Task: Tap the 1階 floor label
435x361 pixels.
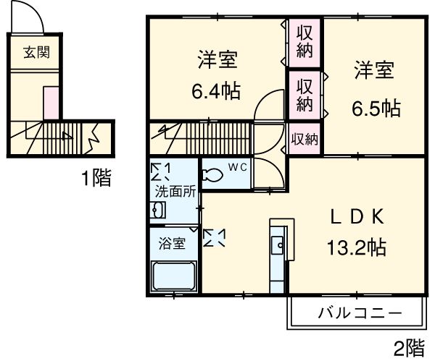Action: [x=96, y=179]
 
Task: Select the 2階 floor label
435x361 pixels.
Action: [x=409, y=347]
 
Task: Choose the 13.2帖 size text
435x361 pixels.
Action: [x=355, y=248]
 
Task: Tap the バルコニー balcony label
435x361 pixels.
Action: [x=359, y=314]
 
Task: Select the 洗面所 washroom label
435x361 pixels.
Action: [x=174, y=192]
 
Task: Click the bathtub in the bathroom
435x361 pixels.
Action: [x=174, y=277]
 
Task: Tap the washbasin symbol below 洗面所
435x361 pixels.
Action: [x=157, y=211]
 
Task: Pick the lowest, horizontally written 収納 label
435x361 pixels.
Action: [x=305, y=139]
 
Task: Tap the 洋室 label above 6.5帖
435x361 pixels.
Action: [x=374, y=72]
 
